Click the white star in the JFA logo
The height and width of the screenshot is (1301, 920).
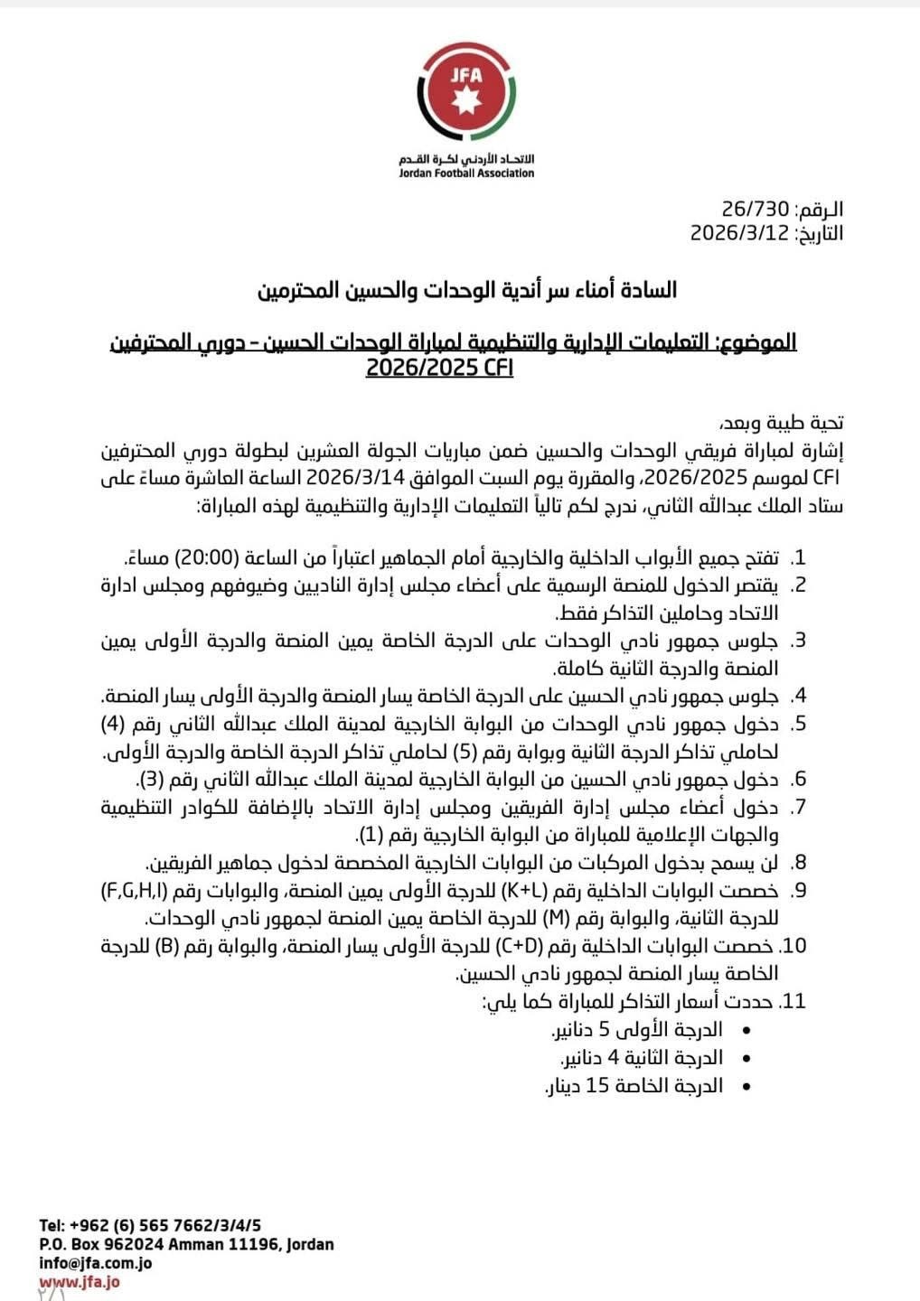point(466,99)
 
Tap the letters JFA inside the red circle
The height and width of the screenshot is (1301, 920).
point(466,75)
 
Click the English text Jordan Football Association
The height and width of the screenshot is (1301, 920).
point(466,173)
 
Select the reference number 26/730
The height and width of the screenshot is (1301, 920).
point(756,210)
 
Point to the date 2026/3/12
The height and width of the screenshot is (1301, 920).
point(740,233)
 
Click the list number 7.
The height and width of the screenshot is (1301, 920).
point(798,807)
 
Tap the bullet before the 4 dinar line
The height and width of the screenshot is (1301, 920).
point(745,1058)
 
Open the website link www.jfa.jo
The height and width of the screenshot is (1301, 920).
point(80,1281)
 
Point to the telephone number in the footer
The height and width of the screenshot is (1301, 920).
point(150,1225)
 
